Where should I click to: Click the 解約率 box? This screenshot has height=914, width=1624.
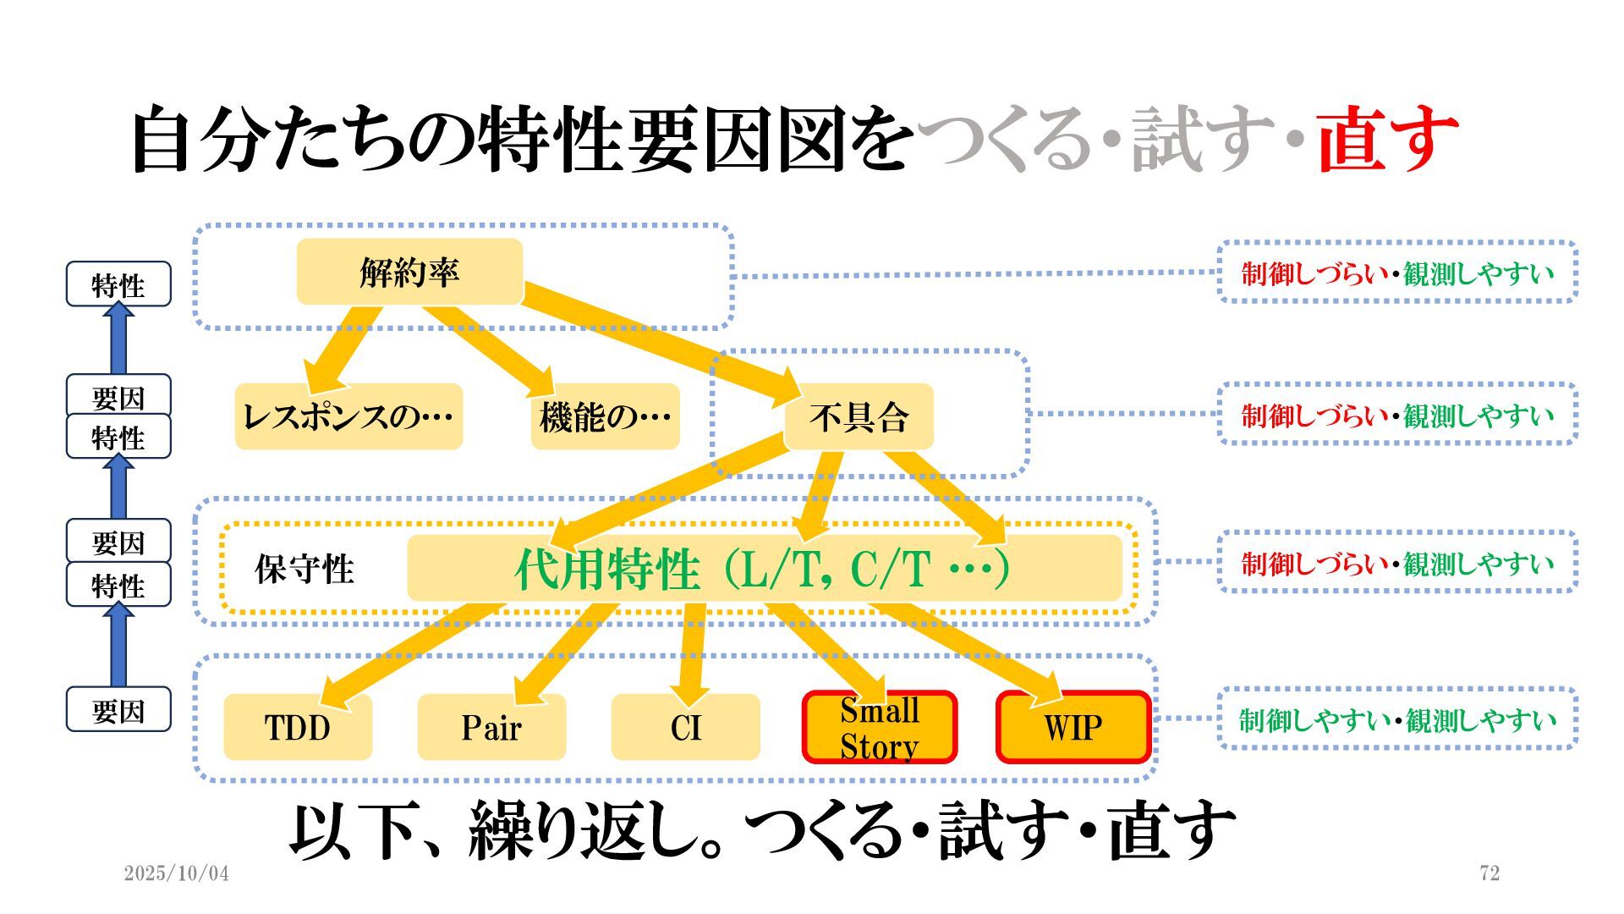tap(409, 272)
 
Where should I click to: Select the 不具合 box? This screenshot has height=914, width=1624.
tap(859, 416)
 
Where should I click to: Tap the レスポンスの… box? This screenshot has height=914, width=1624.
tap(348, 416)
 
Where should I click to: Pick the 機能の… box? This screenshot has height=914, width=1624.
tap(605, 416)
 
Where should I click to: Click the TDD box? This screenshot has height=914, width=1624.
tap(298, 727)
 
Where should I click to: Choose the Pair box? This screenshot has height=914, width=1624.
tap(491, 727)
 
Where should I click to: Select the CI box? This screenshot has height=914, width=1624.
tap(685, 727)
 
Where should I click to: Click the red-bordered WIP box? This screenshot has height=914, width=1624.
tap(1073, 727)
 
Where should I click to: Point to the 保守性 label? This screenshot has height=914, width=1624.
tap(304, 569)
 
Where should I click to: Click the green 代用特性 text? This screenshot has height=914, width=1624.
tap(607, 569)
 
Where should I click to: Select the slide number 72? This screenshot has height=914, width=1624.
tap(1490, 873)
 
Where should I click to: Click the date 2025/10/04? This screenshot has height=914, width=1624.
tap(176, 873)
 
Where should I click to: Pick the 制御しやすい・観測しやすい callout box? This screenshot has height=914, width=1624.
tap(1397, 719)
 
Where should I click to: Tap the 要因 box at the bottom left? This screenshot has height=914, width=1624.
tap(118, 710)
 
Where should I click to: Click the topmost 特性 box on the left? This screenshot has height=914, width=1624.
tap(118, 284)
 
